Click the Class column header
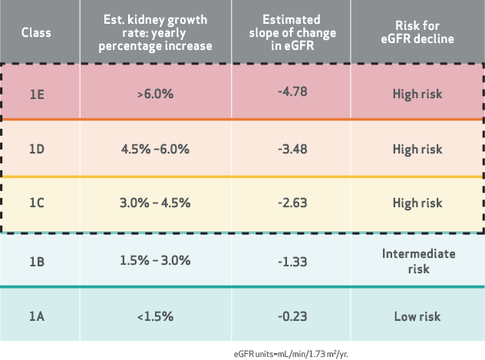pos(37,31)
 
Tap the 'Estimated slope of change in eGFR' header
pos(292,31)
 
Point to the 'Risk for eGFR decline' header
pos(417,31)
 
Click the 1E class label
pos(37,94)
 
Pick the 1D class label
pos(37,149)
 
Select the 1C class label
pos(37,203)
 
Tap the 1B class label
pos(37,262)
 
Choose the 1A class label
pos(37,316)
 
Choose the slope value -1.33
pos(292,262)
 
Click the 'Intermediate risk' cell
pos(417,261)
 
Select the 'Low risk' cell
pos(417,316)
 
